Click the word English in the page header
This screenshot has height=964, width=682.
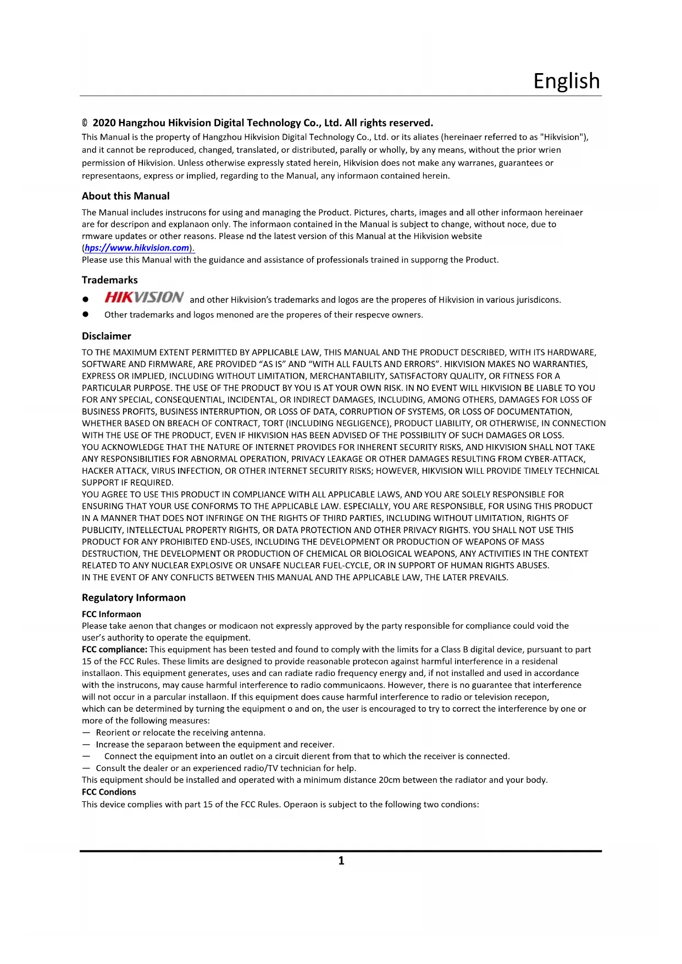tap(567, 81)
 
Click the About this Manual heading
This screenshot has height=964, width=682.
tap(125, 196)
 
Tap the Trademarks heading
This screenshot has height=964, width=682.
tap(109, 280)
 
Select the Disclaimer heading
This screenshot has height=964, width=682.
tap(106, 336)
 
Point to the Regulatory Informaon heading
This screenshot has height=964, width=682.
tap(134, 598)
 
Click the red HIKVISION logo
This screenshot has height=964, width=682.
tap(144, 297)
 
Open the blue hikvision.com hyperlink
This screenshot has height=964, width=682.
tap(137, 248)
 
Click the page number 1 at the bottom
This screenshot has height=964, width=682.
tap(341, 861)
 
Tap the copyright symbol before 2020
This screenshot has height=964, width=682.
tap(85, 123)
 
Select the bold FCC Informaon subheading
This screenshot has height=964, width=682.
tap(111, 614)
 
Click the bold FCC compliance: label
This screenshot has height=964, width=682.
tap(114, 650)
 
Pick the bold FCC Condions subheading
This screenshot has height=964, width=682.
tap(109, 792)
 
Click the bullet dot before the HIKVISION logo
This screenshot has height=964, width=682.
tap(85, 300)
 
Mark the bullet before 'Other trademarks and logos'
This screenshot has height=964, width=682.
tap(85, 314)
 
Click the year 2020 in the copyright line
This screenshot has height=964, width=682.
tap(104, 123)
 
